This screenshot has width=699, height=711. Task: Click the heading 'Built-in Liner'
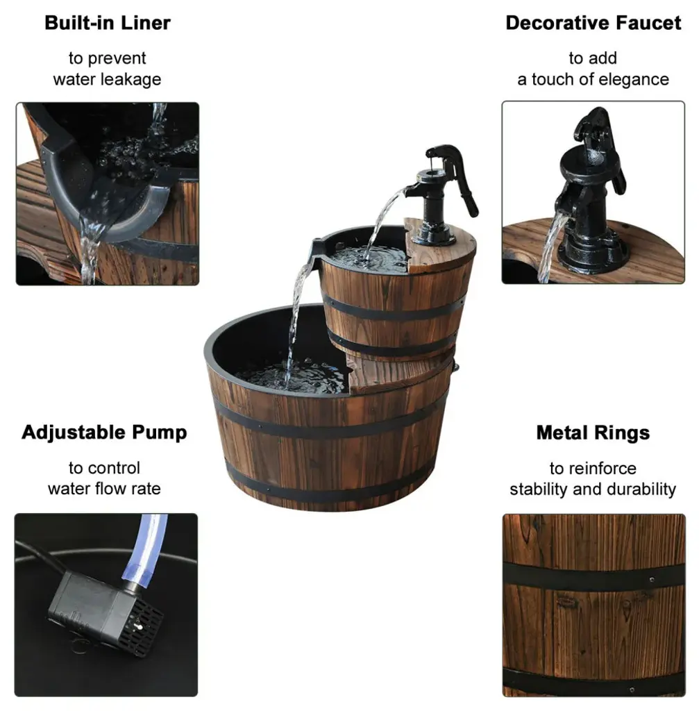[x=108, y=23]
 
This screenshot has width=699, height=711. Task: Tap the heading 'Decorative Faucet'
[x=593, y=23]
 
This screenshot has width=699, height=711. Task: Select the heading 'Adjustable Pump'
[x=104, y=433]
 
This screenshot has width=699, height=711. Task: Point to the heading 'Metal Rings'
[x=593, y=433]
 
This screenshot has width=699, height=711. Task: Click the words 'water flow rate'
[x=104, y=489]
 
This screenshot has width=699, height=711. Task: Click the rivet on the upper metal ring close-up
[x=651, y=580]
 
